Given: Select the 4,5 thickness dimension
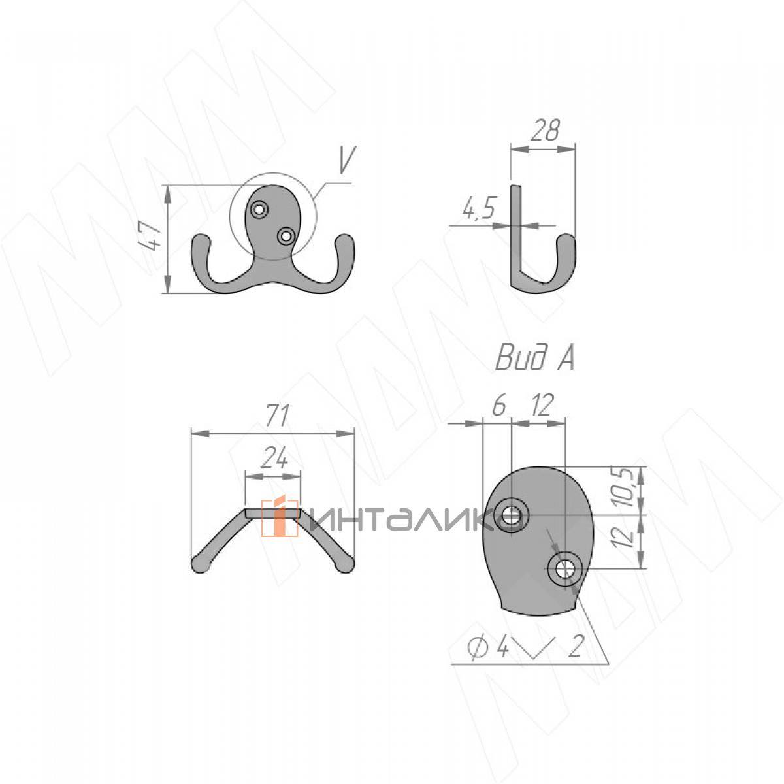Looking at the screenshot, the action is coord(478,208).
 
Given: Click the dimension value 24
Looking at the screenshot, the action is coord(273,458).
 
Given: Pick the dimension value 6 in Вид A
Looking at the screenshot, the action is coord(499,404).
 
